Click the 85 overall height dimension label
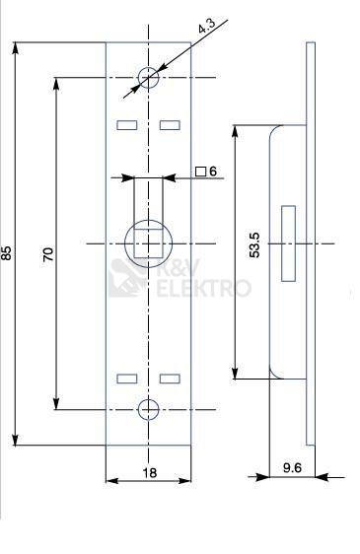click(6, 253)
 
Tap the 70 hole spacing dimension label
click(48, 254)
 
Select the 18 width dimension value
click(150, 473)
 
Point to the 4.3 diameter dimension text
click(206, 26)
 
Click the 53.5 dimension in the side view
click(254, 245)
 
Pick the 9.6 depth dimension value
click(292, 467)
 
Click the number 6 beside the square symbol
click(213, 172)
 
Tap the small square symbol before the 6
click(201, 172)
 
